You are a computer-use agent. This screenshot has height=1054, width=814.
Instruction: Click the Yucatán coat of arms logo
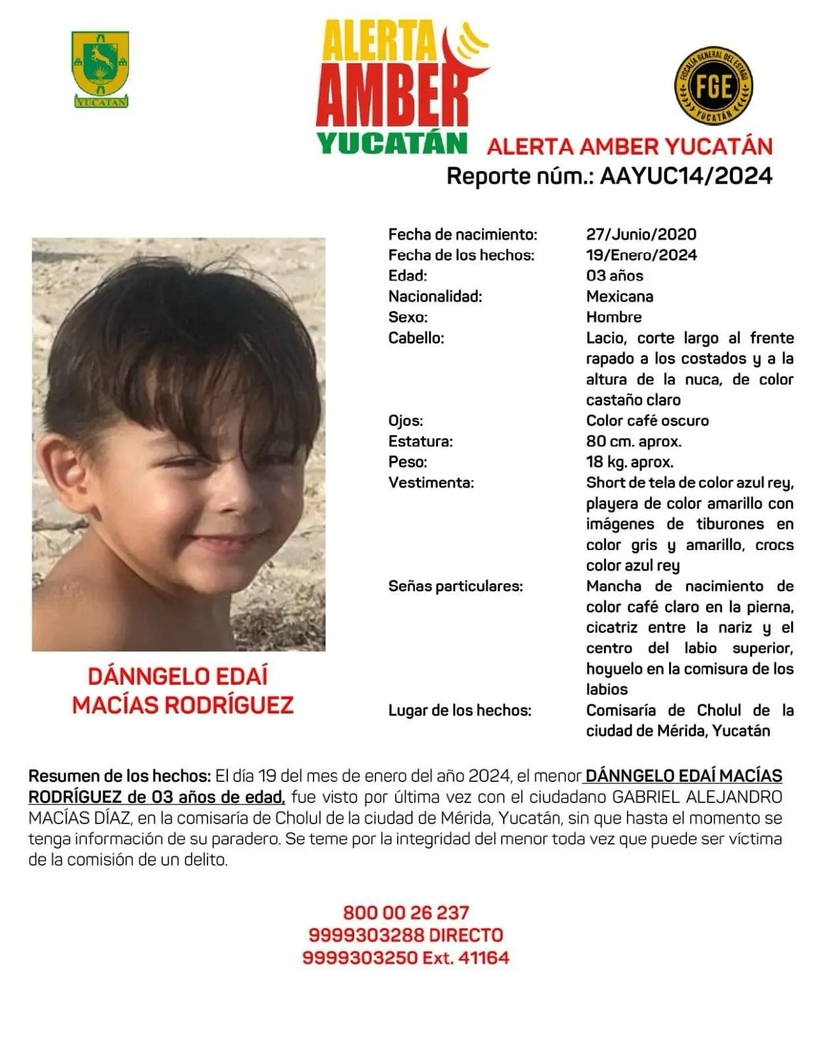[100, 69]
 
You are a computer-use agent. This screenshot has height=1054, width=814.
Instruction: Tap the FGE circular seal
[713, 86]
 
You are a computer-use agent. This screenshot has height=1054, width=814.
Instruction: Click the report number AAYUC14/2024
[686, 176]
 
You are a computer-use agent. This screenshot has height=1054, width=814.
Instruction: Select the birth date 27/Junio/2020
[641, 234]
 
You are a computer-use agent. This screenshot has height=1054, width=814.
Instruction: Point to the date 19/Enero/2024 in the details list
[641, 255]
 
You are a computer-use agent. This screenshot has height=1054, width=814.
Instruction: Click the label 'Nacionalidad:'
[435, 296]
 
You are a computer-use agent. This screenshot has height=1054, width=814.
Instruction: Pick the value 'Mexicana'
[619, 296]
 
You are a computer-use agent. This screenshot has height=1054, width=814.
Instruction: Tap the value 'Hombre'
[613, 317]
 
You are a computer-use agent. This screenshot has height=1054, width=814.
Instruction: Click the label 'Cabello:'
[416, 338]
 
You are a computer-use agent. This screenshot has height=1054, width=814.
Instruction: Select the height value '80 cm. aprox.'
[634, 441]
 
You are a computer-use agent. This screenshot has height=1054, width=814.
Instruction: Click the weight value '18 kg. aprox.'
[629, 462]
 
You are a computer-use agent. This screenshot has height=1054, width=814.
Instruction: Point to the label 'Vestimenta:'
[431, 483]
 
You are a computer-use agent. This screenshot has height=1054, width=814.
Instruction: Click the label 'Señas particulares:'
[455, 586]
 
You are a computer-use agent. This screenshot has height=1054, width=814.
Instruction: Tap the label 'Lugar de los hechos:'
[459, 711]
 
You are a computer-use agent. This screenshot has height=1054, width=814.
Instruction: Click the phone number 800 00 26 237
[406, 913]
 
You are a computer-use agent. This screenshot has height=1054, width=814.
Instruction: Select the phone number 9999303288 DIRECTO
[406, 935]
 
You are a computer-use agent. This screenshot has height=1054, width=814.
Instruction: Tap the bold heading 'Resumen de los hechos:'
[119, 776]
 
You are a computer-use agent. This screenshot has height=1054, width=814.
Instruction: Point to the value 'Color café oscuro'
[647, 420]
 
